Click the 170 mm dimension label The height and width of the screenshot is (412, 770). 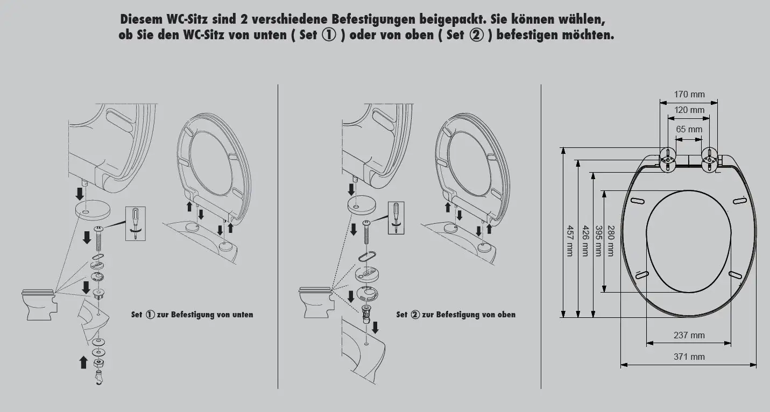689,95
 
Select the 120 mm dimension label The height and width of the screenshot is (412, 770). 689,110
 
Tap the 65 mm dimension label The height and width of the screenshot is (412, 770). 689,129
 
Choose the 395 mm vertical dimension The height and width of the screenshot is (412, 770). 597,241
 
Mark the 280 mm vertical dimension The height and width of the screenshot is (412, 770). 610,241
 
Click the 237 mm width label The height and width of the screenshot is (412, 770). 689,335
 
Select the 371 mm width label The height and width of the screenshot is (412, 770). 689,357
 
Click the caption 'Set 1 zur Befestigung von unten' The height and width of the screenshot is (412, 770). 192,315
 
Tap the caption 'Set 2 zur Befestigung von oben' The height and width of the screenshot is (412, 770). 456,315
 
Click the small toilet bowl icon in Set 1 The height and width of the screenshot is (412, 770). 39,304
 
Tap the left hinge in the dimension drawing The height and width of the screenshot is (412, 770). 667,160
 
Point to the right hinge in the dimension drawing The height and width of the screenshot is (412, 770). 710,160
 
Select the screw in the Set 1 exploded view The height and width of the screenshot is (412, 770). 100,237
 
